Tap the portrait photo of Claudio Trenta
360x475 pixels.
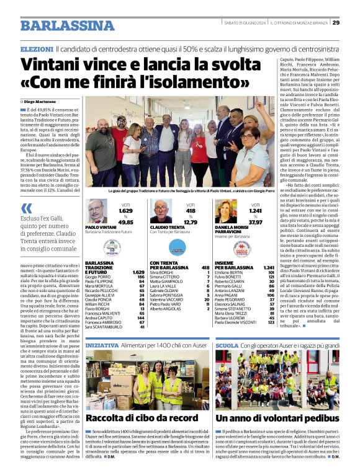[161, 211]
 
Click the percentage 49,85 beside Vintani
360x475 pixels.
[126, 222]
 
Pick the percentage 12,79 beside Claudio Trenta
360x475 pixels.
[191, 222]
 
